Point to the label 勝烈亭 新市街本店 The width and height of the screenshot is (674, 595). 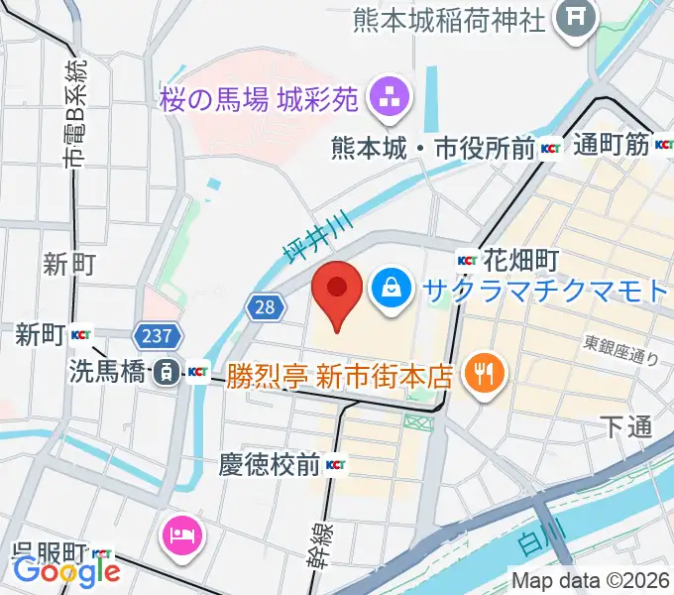click(340, 376)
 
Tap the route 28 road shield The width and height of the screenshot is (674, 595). click(263, 307)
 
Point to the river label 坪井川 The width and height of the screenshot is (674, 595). click(301, 241)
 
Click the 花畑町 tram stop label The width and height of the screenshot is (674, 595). click(523, 260)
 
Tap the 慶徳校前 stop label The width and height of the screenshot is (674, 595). click(269, 464)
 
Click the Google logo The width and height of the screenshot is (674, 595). click(66, 570)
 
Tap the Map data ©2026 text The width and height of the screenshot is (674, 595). click(590, 580)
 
